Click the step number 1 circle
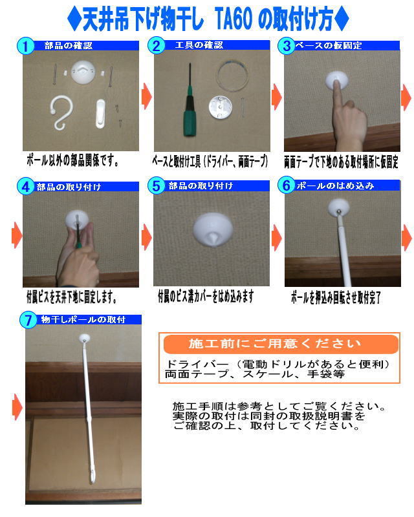tap(25, 46)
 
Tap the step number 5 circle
tap(156, 186)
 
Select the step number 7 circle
tap(28, 320)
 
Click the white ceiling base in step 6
tap(339, 207)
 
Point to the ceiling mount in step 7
tap(85, 338)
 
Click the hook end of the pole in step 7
tap(92, 477)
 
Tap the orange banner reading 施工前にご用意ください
tap(281, 344)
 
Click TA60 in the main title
tap(233, 19)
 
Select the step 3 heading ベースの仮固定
tap(329, 46)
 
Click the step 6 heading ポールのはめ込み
tap(335, 186)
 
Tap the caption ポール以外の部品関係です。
tap(73, 160)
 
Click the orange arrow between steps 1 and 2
tap(147, 96)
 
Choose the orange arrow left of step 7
tap(17, 408)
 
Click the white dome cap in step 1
tap(83, 72)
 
